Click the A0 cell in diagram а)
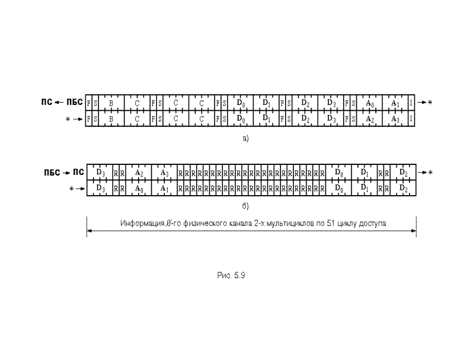pyautogui.click(x=369, y=103)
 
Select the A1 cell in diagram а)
pyautogui.click(x=395, y=103)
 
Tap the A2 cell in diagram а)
pyautogui.click(x=369, y=119)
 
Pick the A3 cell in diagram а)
pyautogui.click(x=395, y=119)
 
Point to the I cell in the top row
pyautogui.click(x=411, y=103)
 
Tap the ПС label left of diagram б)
pyautogui.click(x=77, y=173)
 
